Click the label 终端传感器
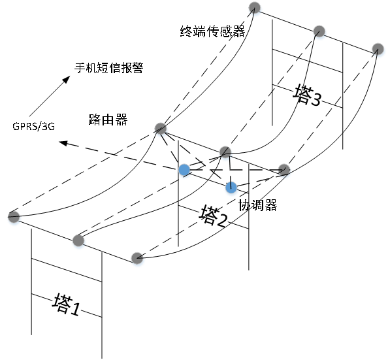click(x=212, y=31)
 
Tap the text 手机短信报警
click(x=109, y=67)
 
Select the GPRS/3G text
click(x=34, y=126)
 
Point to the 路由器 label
click(x=108, y=120)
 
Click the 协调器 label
click(x=257, y=205)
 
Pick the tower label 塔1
click(x=66, y=304)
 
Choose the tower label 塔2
click(x=213, y=216)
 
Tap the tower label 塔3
click(x=307, y=95)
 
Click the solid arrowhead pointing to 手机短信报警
click(x=67, y=80)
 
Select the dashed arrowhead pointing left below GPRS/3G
click(x=63, y=143)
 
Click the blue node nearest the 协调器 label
click(x=231, y=188)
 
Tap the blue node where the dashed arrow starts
click(x=184, y=170)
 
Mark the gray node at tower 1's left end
click(x=14, y=217)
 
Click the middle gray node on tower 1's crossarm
click(x=78, y=240)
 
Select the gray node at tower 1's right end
click(x=137, y=258)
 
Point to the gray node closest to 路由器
click(x=161, y=128)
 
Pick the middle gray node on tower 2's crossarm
click(x=225, y=152)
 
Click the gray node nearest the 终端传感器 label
click(x=254, y=7)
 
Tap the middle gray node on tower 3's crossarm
click(x=319, y=31)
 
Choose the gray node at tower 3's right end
click(x=378, y=49)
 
